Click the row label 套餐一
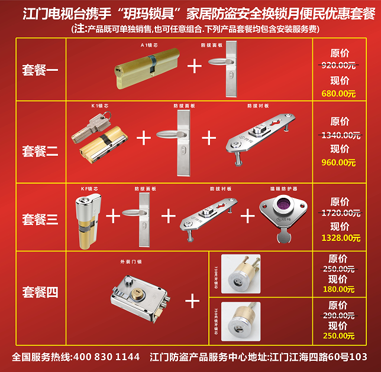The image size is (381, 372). coord(40,71)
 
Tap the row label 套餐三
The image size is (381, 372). coord(40,220)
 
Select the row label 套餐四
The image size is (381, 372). coord(40,292)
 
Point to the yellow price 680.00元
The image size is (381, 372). coord(338,93)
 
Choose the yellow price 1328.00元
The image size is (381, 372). coord(340,238)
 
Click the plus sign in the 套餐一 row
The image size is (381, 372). coord(194,65)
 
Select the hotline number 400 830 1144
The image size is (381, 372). coord(105,357)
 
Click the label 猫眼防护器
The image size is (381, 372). coord(282,189)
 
